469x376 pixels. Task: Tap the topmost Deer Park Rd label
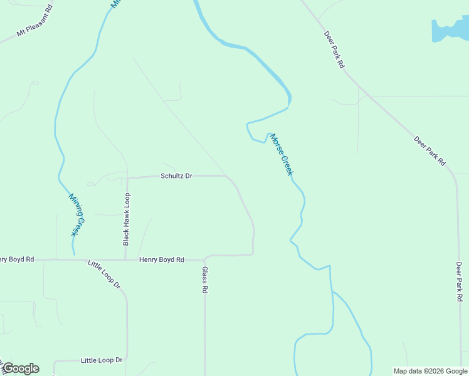334,50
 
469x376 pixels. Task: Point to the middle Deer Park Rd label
429,151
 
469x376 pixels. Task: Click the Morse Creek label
282,154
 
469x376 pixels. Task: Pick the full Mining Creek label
75,214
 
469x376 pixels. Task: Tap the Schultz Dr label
176,176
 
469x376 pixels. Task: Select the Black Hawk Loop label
127,218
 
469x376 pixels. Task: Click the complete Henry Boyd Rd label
162,259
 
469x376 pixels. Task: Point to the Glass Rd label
204,280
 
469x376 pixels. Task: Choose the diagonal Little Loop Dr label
104,274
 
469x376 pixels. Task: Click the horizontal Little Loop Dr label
102,360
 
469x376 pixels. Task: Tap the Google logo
21,368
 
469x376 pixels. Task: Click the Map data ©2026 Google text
430,371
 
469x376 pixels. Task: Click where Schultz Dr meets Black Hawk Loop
127,178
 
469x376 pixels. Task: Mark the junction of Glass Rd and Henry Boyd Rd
204,259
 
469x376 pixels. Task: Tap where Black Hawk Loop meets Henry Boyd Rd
126,259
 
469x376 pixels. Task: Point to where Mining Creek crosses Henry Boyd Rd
73,259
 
